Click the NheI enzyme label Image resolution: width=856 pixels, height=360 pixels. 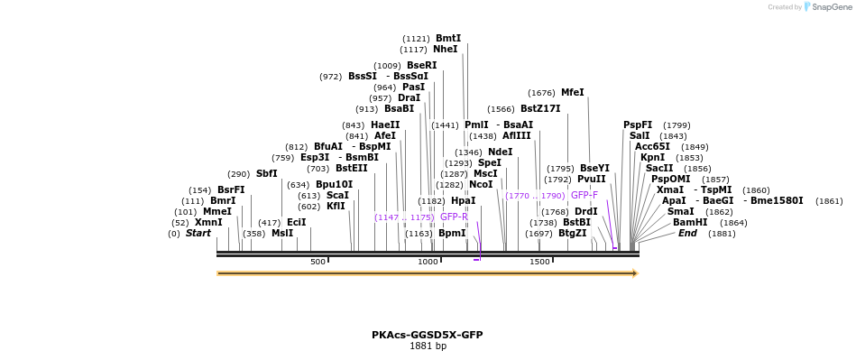[446, 50]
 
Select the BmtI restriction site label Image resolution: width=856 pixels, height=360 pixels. [448, 39]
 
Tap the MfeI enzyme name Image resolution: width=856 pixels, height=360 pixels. [572, 93]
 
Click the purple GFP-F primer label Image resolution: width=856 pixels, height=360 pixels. [584, 196]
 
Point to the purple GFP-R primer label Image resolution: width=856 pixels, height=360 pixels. [454, 217]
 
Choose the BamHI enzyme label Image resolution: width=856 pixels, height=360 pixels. [690, 222]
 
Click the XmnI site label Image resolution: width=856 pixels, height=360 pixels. [208, 222]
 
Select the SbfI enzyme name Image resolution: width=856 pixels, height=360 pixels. [266, 174]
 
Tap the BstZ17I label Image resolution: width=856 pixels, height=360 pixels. [540, 109]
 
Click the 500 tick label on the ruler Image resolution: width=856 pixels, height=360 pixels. [318, 262]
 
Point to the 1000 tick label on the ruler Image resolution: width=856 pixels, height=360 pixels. [428, 262]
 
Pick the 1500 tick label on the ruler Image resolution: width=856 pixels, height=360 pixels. [539, 262]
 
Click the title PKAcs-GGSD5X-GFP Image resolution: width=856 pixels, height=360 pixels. [428, 335]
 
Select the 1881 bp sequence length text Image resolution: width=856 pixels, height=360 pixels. [428, 346]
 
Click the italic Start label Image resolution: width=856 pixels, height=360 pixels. [198, 234]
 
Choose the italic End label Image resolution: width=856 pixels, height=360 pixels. [687, 234]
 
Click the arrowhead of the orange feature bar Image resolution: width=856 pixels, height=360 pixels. [635, 273]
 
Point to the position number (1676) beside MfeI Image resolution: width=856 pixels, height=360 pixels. [541, 93]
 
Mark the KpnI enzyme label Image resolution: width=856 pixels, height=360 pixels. [652, 158]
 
